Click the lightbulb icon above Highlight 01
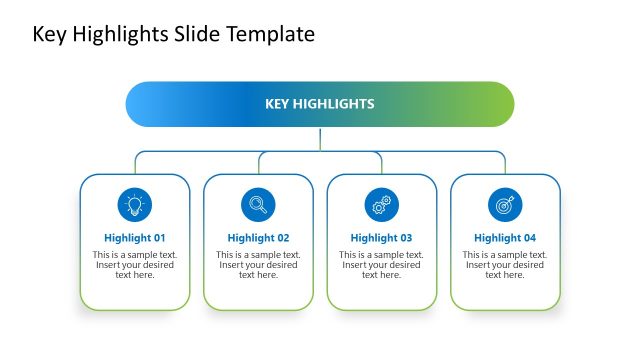click(x=134, y=205)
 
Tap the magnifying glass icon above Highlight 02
click(x=258, y=205)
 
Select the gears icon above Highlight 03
click(x=381, y=205)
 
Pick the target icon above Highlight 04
click(x=505, y=205)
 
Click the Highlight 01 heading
click(x=134, y=238)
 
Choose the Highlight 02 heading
click(x=258, y=238)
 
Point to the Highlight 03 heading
click(x=381, y=238)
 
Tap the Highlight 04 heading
click(x=505, y=238)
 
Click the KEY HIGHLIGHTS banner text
click(x=320, y=104)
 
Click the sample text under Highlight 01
click(x=135, y=265)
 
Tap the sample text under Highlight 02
click(x=258, y=265)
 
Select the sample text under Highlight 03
click(x=382, y=265)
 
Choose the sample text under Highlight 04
click(x=505, y=265)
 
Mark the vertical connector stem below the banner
click(x=320, y=139)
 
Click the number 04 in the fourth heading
click(x=528, y=238)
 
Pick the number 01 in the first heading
click(x=157, y=238)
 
